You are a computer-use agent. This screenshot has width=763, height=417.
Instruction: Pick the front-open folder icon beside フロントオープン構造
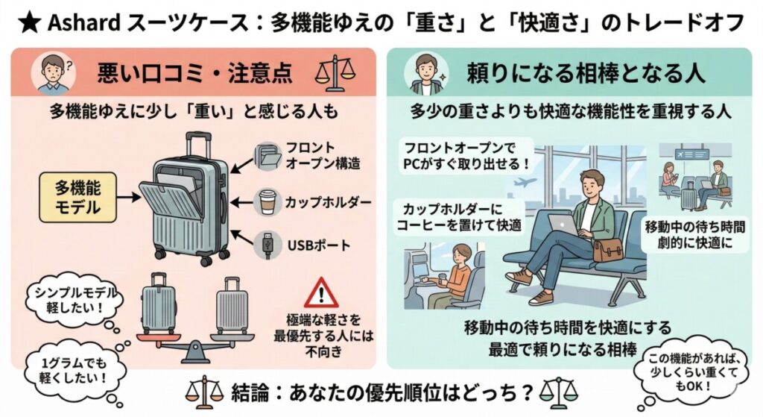pos(267,156)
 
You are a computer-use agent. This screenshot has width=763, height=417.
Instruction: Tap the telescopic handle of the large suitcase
pos(197,145)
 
